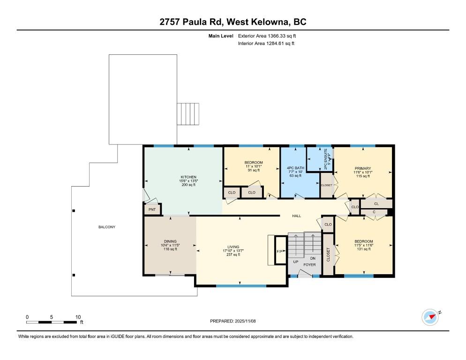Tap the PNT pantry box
152,210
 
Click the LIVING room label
233,247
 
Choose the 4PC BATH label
296,168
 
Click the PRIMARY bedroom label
362,168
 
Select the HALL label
296,216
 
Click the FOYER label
309,265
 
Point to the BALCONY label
106,227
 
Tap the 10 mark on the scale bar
78,316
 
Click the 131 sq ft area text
363,249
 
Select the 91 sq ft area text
253,170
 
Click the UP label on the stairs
296,262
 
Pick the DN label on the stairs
313,258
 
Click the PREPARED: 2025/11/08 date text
233,321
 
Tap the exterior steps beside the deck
188,114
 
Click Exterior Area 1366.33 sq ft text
267,35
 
